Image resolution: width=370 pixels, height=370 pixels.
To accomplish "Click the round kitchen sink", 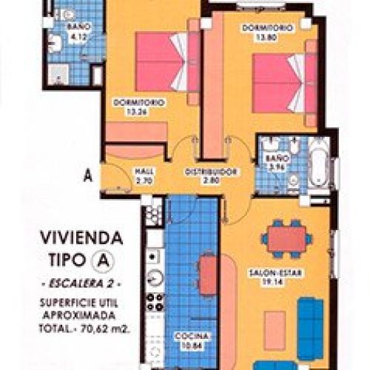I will tap(155, 278).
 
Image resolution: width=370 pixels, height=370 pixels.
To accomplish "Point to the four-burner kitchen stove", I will tap(155, 302).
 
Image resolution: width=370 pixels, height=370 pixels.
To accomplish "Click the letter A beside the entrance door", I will tap(87, 176).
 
